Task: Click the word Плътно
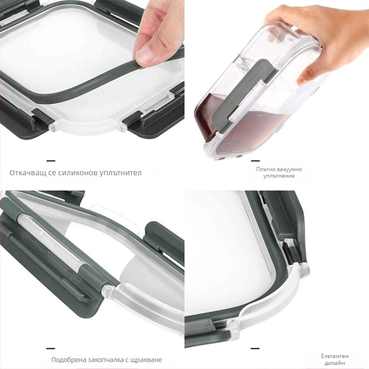(x=266, y=169)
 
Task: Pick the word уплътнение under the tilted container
(x=279, y=176)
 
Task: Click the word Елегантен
(x=335, y=356)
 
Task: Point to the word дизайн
(x=335, y=363)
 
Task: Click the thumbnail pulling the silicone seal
(x=144, y=56)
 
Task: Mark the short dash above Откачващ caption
(x=51, y=161)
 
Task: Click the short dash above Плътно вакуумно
(x=256, y=161)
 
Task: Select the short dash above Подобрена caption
(x=51, y=348)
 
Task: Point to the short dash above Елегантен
(x=256, y=348)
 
